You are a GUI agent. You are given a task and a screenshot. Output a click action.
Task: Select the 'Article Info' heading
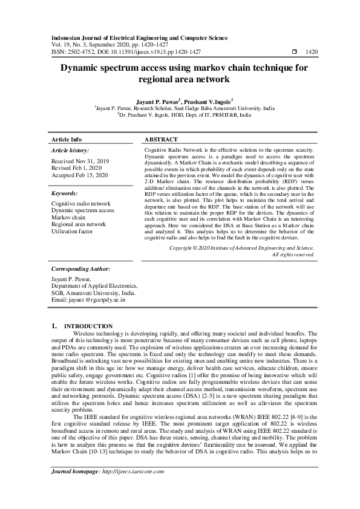67,139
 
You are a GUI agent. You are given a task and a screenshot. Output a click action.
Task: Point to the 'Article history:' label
70,150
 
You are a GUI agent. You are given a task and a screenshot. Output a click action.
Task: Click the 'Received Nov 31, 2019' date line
80,162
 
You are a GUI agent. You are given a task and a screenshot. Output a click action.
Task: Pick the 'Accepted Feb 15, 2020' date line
80,175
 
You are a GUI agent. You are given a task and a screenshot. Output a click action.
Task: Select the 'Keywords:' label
64,193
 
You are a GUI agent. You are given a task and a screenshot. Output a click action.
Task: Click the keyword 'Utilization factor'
73,232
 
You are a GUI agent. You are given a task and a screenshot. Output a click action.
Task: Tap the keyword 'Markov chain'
68,217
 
